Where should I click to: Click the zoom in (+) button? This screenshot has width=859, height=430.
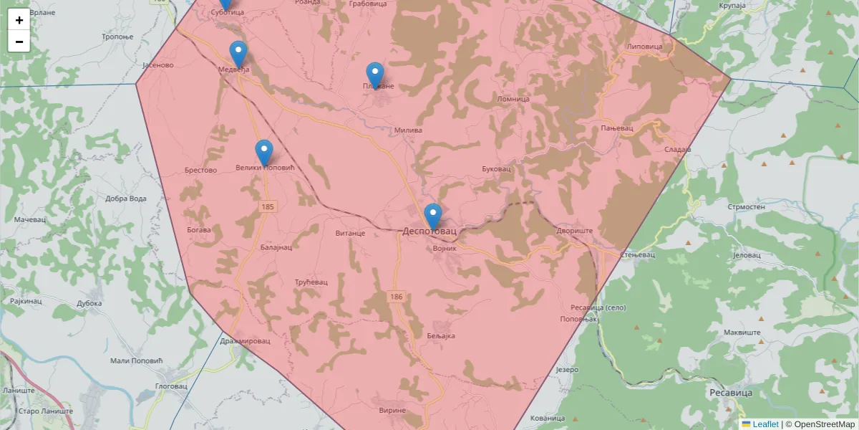tap(19, 20)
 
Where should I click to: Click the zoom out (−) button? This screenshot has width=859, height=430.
tap(19, 42)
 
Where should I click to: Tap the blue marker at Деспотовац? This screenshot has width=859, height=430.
tap(432, 216)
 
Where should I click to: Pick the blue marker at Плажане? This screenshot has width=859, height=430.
tap(375, 75)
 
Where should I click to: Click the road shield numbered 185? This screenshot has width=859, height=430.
tap(267, 206)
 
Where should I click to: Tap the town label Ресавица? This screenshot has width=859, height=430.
tap(730, 393)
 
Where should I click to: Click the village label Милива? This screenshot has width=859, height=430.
tap(408, 130)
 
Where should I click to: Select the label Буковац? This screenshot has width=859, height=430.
tap(496, 169)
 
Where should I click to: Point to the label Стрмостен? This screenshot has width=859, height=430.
tap(746, 206)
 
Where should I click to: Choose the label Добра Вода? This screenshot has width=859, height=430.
tap(125, 199)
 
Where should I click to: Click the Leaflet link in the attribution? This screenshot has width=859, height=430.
tap(765, 424)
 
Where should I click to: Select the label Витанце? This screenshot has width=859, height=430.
tap(350, 233)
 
